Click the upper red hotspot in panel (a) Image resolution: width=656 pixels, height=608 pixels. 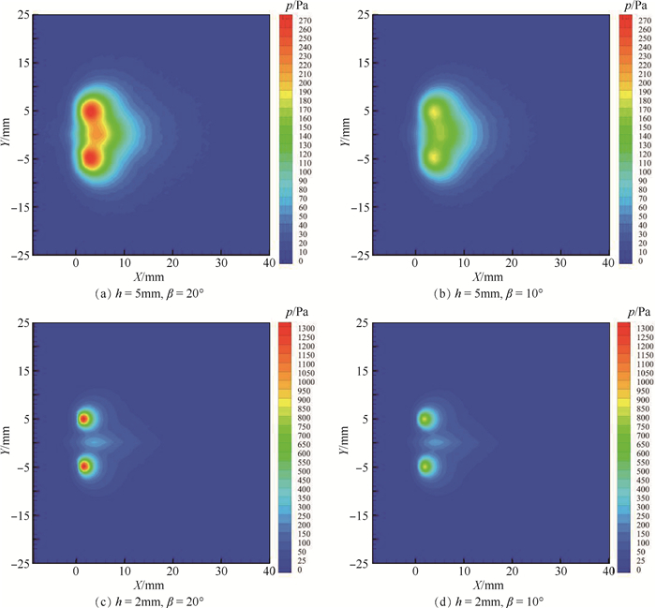pyautogui.click(x=91, y=111)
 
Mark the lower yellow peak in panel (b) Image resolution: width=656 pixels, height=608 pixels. pyautogui.click(x=434, y=156)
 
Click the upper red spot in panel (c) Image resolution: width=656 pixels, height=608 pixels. pyautogui.click(x=84, y=419)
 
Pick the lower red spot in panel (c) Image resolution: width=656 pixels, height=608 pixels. pyautogui.click(x=84, y=466)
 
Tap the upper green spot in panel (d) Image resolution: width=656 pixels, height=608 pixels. pyautogui.click(x=425, y=419)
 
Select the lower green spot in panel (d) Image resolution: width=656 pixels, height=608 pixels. pyautogui.click(x=425, y=466)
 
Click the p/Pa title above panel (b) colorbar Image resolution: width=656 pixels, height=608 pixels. pyautogui.click(x=631, y=7)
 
